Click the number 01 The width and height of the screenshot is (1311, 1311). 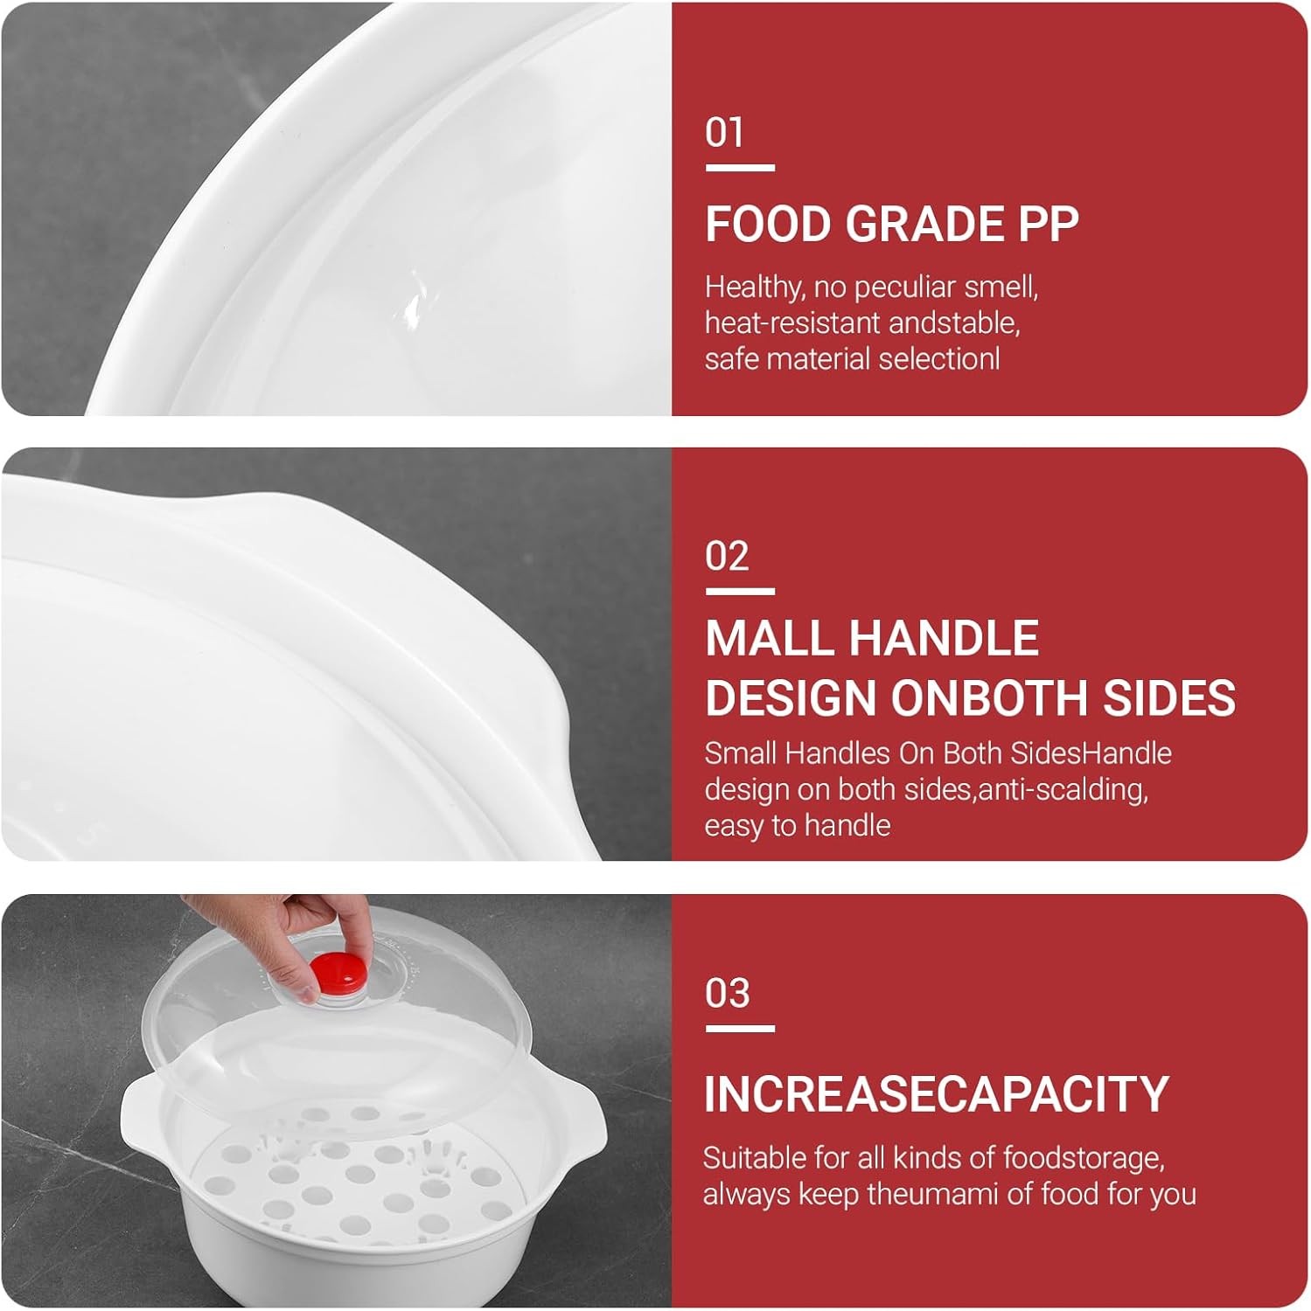click(724, 133)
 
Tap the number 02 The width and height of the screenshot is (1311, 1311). click(727, 557)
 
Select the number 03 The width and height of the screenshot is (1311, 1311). click(727, 994)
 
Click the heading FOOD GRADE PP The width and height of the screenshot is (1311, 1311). click(891, 225)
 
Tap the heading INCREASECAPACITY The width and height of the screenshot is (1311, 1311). click(936, 1093)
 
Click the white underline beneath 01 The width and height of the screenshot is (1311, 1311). click(740, 167)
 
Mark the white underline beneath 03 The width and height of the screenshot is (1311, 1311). click(740, 1029)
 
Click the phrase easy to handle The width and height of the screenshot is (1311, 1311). click(798, 826)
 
